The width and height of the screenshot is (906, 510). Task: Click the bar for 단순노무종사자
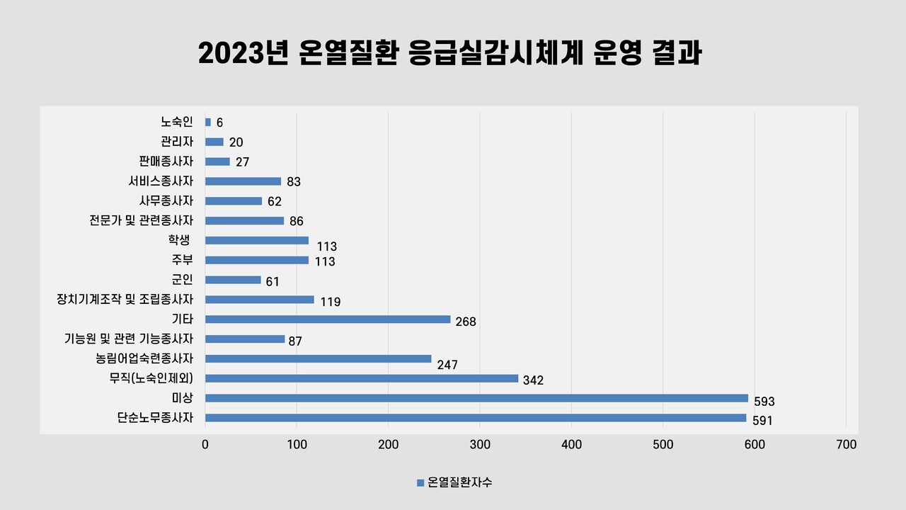[476, 418]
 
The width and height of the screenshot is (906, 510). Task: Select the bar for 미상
[476, 398]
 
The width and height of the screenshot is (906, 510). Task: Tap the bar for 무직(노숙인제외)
[362, 378]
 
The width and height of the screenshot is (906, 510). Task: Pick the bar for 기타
[328, 319]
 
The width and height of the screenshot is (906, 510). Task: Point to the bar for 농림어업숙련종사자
[318, 358]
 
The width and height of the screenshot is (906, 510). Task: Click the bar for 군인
[233, 280]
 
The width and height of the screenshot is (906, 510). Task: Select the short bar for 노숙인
[208, 122]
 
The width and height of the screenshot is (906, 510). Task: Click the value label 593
[764, 402]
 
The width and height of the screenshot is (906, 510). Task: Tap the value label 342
[533, 380]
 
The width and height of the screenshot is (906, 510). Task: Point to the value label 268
[466, 322]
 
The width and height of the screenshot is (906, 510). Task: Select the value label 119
[331, 302]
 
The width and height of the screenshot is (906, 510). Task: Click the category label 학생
[180, 240]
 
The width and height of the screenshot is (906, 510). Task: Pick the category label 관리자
[177, 142]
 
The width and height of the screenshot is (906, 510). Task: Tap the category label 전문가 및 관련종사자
[142, 220]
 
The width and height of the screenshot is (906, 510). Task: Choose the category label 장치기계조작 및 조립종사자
[125, 300]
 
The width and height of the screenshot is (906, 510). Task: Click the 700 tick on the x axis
[846, 445]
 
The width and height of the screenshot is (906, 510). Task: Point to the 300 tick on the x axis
[480, 445]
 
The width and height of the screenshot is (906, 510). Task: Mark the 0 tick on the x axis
[205, 445]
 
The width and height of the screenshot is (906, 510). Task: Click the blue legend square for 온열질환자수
[420, 483]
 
